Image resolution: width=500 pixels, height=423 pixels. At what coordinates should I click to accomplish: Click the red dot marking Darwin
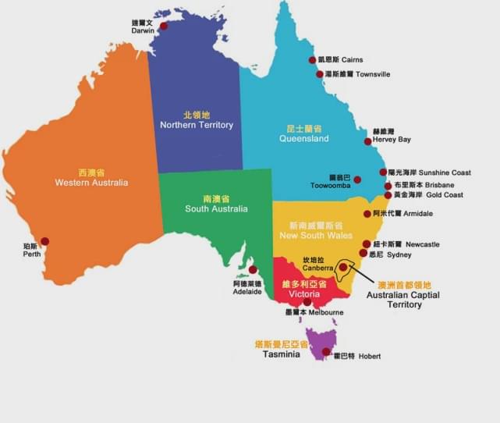(164, 27)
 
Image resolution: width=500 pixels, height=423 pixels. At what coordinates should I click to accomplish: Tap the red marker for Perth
(44, 241)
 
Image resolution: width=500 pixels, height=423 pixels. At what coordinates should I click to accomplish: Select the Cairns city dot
(312, 60)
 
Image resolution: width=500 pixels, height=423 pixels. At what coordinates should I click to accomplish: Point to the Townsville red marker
(319, 74)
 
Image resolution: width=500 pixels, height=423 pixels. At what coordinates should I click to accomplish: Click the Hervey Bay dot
(368, 141)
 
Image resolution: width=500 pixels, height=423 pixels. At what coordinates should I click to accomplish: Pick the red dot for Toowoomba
(357, 180)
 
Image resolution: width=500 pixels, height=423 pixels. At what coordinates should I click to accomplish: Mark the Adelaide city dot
(253, 269)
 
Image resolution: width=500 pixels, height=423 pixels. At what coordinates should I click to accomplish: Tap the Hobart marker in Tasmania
(326, 352)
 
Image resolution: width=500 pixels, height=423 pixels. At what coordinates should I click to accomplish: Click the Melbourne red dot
(307, 302)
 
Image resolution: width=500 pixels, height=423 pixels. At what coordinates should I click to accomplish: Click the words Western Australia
(91, 183)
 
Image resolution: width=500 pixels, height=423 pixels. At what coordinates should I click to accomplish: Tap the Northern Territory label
(197, 125)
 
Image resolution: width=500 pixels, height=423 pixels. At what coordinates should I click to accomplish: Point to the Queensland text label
(304, 139)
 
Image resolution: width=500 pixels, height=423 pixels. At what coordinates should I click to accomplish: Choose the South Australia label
(216, 209)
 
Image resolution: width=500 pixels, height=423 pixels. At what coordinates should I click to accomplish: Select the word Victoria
(303, 295)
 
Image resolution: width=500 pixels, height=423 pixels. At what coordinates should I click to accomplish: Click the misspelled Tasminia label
(281, 354)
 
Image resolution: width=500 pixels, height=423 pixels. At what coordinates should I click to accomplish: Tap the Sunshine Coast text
(445, 172)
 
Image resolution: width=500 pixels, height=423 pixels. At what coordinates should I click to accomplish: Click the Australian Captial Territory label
(403, 300)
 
